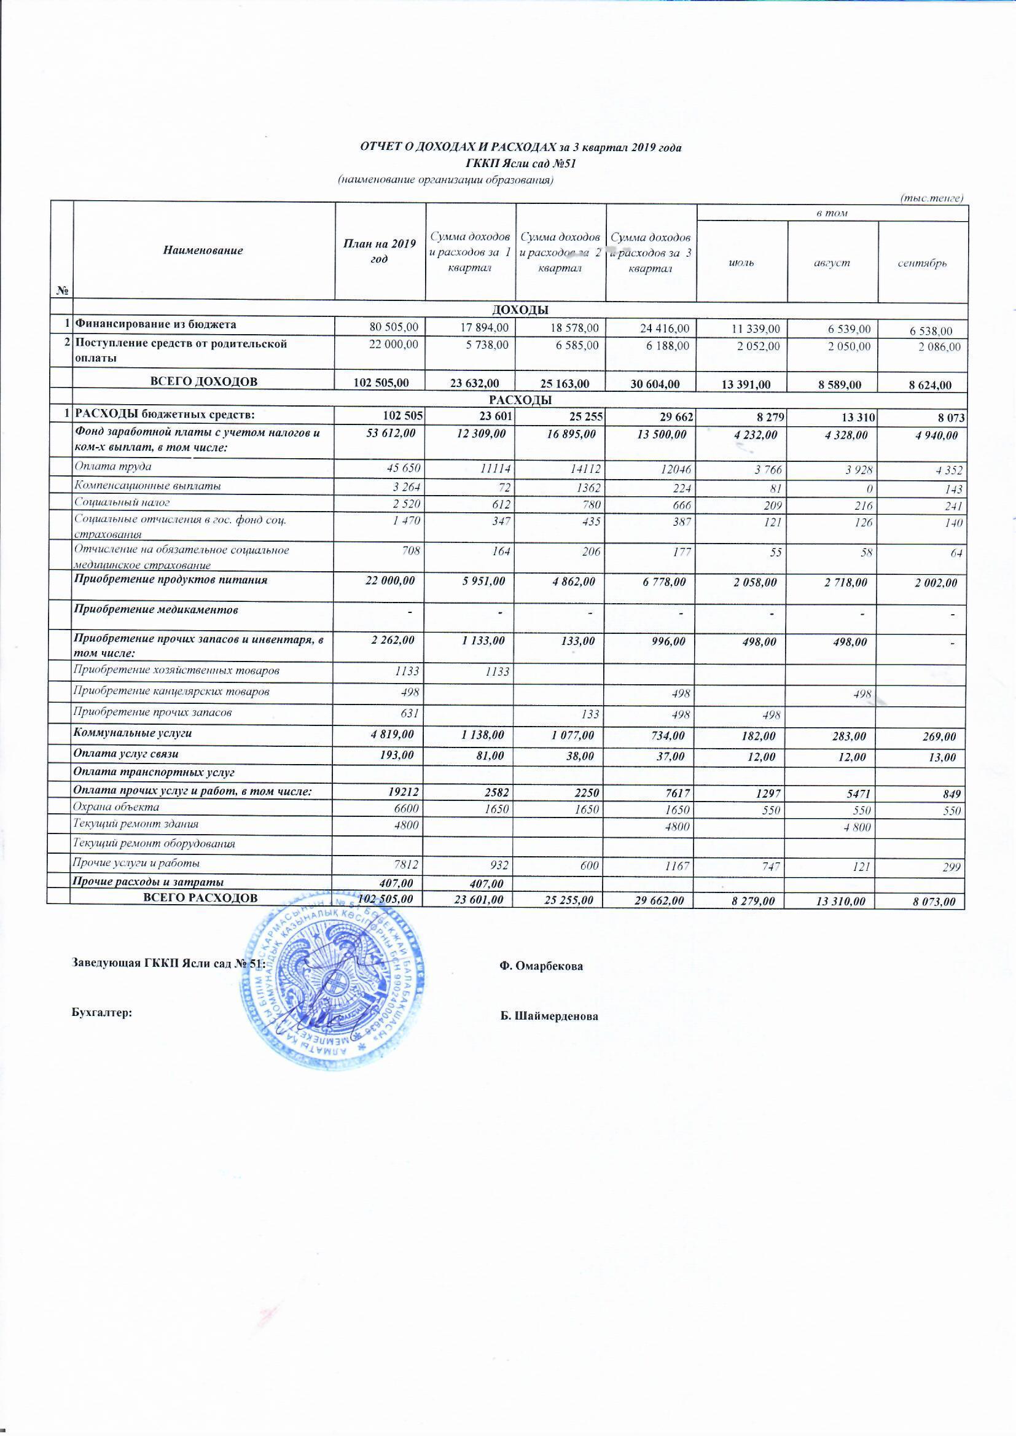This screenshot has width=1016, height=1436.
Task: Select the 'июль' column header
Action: [x=741, y=263]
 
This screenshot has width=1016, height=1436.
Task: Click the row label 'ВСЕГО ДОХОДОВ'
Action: [x=203, y=381]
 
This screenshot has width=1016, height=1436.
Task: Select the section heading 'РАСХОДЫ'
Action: [x=519, y=400]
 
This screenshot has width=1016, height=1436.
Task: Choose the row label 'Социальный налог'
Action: [x=122, y=502]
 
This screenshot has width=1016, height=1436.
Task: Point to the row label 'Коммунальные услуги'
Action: [x=133, y=733]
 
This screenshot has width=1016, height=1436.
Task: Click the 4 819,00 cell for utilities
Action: [x=394, y=734]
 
